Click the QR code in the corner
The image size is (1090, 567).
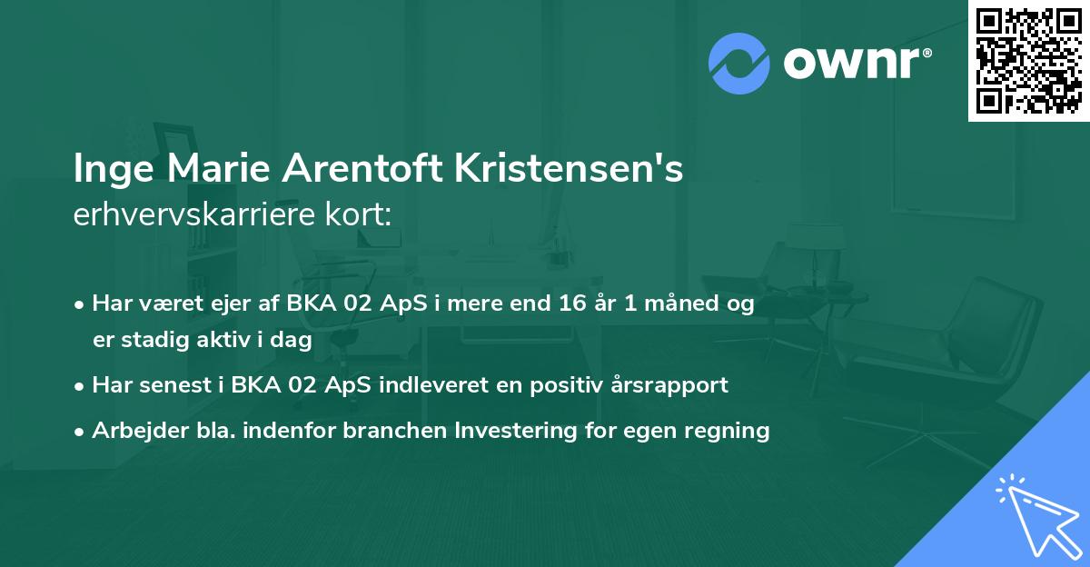pos(1028,60)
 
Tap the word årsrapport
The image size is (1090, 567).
pos(671,385)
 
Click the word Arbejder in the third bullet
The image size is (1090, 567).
pos(131,430)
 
